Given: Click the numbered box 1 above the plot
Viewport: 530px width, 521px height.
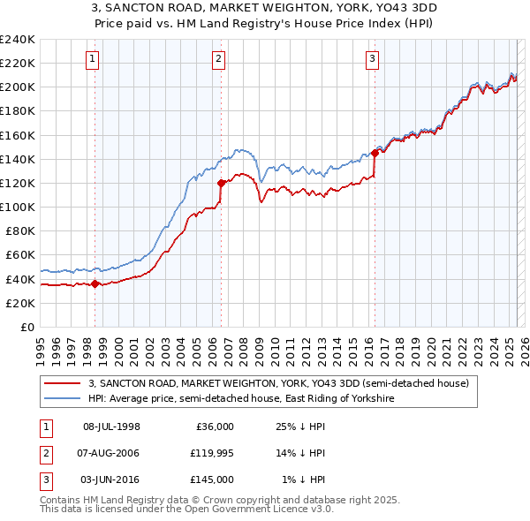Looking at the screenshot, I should (93, 59).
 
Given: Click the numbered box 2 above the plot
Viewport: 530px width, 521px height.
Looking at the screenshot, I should (218, 59).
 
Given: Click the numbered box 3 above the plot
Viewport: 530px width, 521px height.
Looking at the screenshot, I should (373, 59).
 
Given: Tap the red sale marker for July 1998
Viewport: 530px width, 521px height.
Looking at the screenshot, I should (95, 283).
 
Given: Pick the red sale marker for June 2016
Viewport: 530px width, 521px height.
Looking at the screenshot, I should (375, 153).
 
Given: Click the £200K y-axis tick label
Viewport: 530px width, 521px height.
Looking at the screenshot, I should (18, 87).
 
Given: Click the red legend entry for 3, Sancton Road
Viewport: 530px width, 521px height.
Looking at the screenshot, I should (284, 383).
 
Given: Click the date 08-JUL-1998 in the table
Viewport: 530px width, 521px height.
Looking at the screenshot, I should (111, 427).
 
